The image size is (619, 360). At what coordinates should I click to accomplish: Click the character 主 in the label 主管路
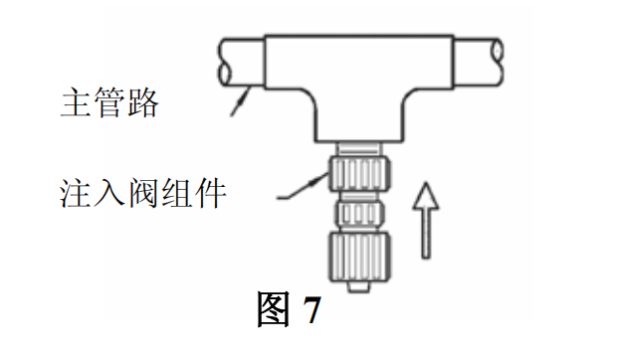point(75,102)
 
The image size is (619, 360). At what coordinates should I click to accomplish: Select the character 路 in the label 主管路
point(143,102)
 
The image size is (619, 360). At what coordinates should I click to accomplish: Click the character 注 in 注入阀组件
point(75,193)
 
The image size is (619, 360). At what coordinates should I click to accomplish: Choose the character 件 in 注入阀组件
point(210,193)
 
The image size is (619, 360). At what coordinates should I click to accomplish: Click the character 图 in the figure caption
point(274,308)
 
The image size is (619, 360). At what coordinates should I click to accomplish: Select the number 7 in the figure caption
point(311,309)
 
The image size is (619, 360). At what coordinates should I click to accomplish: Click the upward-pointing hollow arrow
point(426,220)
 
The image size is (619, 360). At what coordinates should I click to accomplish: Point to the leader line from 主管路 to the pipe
point(240,101)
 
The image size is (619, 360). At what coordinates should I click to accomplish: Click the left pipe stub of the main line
point(242,62)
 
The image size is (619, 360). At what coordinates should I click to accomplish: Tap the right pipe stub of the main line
point(478,62)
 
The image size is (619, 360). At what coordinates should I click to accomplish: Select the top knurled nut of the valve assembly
point(359,173)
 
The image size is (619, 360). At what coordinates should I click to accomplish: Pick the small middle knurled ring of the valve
point(359,214)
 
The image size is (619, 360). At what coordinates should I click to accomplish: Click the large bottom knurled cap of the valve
point(359,258)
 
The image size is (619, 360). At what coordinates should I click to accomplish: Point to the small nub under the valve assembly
point(359,287)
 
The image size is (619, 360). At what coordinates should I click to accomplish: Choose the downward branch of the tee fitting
point(359,115)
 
